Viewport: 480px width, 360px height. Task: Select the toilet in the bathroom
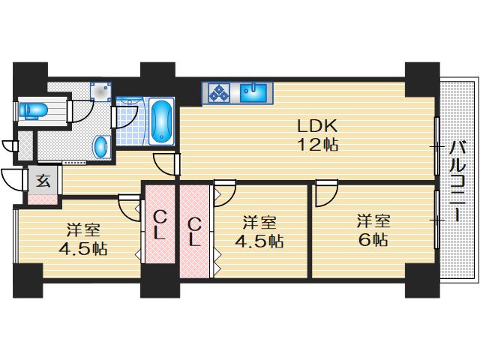pyautogui.click(x=33, y=111)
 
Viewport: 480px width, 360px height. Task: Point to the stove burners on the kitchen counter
pyautogui.click(x=220, y=92)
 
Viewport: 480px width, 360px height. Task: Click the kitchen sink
pyautogui.click(x=253, y=92)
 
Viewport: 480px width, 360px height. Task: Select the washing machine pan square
pyautogui.click(x=100, y=91)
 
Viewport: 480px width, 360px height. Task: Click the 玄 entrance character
pyautogui.click(x=43, y=180)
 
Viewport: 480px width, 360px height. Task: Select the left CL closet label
pyautogui.click(x=160, y=225)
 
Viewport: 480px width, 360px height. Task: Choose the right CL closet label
pyautogui.click(x=194, y=230)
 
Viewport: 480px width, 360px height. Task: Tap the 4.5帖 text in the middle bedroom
pyautogui.click(x=258, y=241)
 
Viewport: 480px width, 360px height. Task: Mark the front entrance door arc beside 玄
pyautogui.click(x=15, y=181)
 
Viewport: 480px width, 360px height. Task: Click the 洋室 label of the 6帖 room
pyautogui.click(x=373, y=221)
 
